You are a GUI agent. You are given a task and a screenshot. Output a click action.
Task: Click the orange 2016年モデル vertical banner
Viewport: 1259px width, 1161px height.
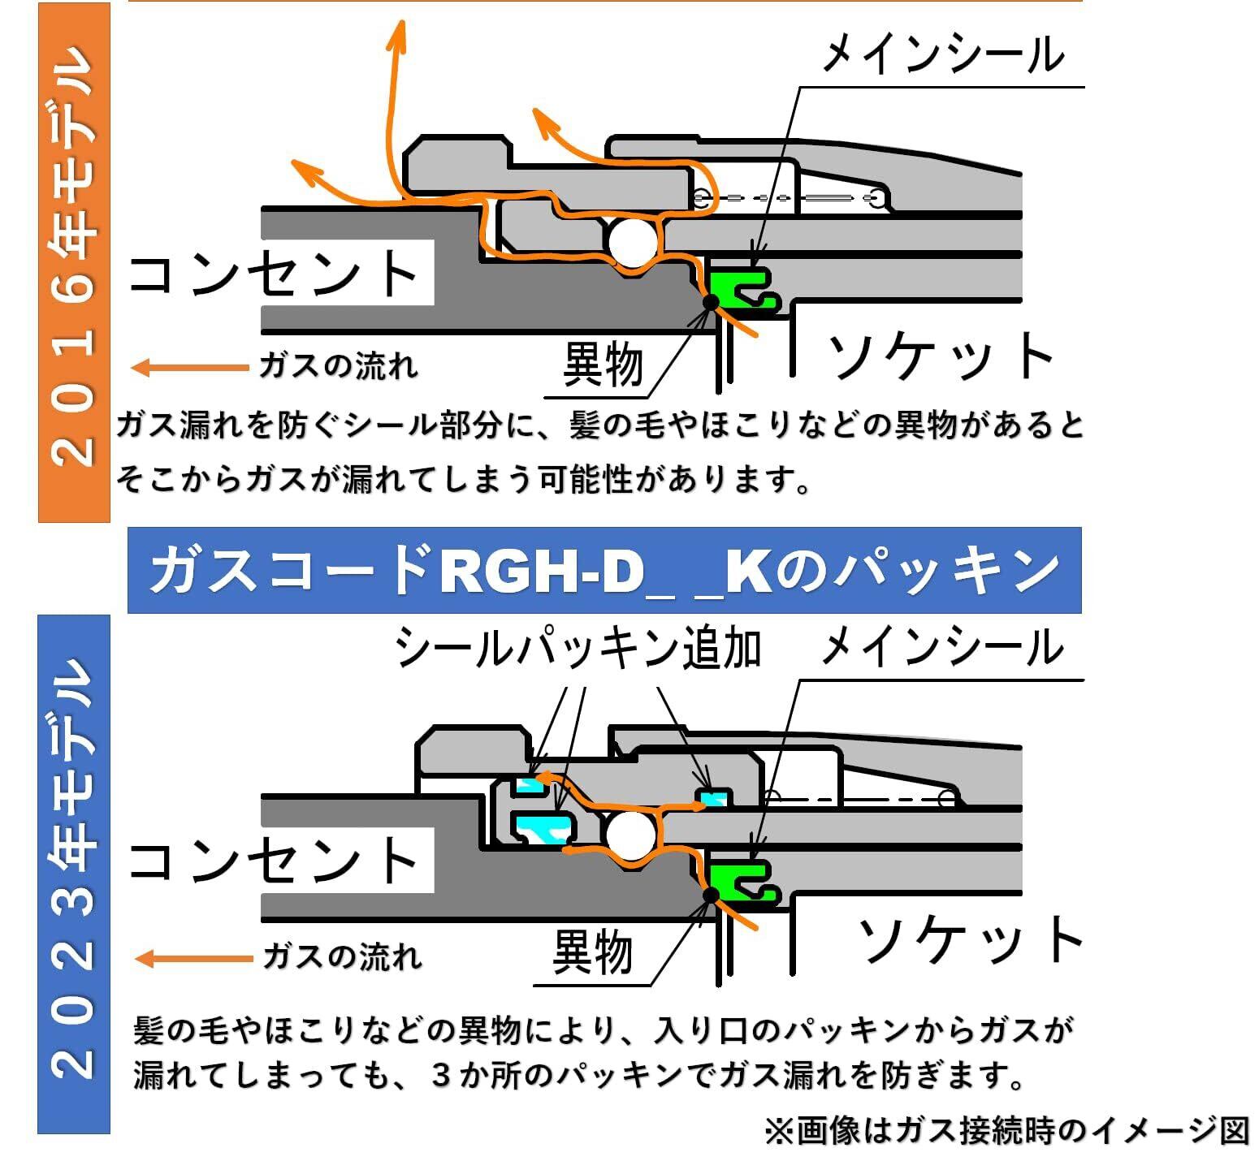(x=74, y=261)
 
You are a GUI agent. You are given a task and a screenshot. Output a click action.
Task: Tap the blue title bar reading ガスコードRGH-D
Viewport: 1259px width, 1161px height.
(x=604, y=571)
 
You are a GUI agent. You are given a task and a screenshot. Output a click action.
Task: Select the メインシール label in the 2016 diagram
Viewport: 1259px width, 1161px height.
(x=942, y=55)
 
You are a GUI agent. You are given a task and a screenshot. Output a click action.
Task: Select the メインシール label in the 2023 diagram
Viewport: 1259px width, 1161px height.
(x=942, y=648)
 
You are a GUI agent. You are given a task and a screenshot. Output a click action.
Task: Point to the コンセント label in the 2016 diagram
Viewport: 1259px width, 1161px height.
(x=274, y=274)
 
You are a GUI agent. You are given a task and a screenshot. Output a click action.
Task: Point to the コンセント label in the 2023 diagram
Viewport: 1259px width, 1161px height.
(x=274, y=861)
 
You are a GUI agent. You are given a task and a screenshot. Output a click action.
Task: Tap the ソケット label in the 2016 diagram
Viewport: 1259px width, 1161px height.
(x=941, y=356)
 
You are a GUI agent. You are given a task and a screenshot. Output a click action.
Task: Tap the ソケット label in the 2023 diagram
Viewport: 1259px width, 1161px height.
(x=971, y=939)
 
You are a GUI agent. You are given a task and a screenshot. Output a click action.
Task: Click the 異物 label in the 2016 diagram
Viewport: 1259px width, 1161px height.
(x=603, y=365)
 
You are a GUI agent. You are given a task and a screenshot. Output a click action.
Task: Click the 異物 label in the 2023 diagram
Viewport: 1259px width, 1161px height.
(x=592, y=952)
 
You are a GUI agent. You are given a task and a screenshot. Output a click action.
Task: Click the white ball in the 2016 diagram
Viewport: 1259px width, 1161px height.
(x=633, y=241)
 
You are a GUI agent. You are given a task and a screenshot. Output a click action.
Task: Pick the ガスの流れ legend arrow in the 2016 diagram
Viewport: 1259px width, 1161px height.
(x=190, y=368)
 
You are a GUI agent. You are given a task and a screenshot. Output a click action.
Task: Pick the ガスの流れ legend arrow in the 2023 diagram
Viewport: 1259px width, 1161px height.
(x=193, y=959)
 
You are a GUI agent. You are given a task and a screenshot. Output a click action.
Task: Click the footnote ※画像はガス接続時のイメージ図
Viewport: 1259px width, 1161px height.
(x=1006, y=1130)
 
